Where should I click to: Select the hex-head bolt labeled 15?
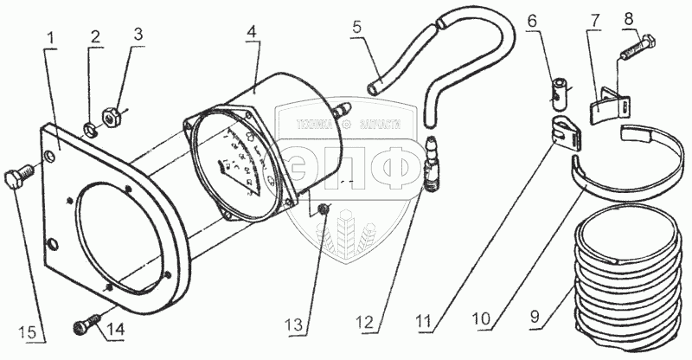(19, 180)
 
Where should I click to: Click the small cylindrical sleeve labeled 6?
(559, 89)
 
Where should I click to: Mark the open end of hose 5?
(373, 87)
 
